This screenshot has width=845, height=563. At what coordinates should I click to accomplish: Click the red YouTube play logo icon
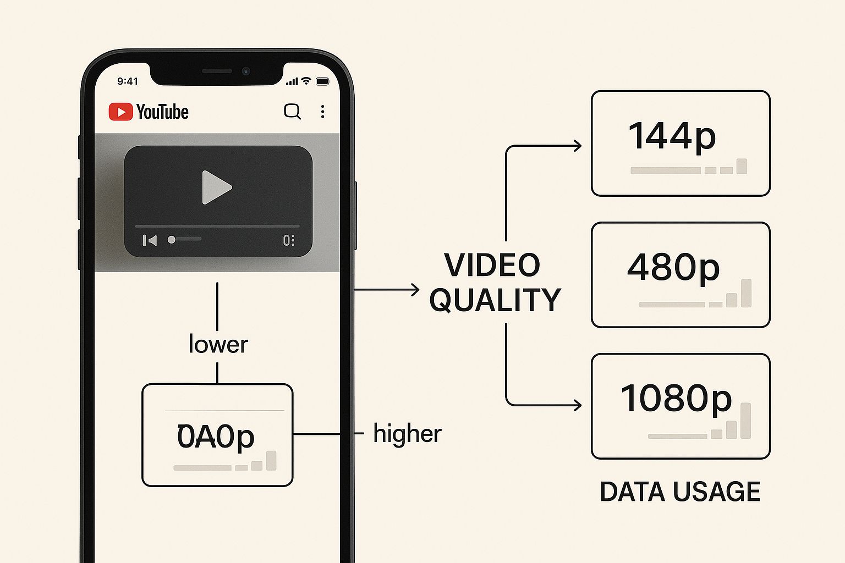coord(120,112)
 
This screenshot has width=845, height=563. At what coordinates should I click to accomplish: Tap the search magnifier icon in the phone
coord(292,111)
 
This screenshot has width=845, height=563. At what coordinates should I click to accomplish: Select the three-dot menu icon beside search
coord(322,112)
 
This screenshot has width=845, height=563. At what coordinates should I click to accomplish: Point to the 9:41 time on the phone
coord(128,81)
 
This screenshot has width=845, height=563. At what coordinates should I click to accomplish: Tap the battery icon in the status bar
coord(322,81)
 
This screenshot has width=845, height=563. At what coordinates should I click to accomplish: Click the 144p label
coord(672,136)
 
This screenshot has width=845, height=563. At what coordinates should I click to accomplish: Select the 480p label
coord(673,267)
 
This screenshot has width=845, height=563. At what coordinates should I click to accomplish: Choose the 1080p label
coord(676,398)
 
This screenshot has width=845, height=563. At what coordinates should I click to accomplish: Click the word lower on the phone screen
coord(218,345)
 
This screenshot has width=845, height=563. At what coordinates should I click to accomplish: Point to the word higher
coord(407,434)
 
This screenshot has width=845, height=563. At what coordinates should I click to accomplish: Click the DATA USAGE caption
coord(680,492)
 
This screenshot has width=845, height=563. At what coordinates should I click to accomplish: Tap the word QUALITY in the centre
coord(495,300)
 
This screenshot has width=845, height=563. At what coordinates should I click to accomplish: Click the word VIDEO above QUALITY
coord(492,265)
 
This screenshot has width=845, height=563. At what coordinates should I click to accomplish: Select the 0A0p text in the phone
coord(216,437)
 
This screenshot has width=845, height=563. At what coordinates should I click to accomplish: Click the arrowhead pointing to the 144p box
coord(578,146)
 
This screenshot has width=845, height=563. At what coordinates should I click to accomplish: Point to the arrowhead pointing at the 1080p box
coord(578,405)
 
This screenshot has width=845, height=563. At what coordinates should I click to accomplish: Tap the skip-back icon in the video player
coord(150,240)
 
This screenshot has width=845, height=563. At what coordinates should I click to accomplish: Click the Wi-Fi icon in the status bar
coord(306,81)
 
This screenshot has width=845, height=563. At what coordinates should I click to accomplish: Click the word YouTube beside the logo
coord(162,112)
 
